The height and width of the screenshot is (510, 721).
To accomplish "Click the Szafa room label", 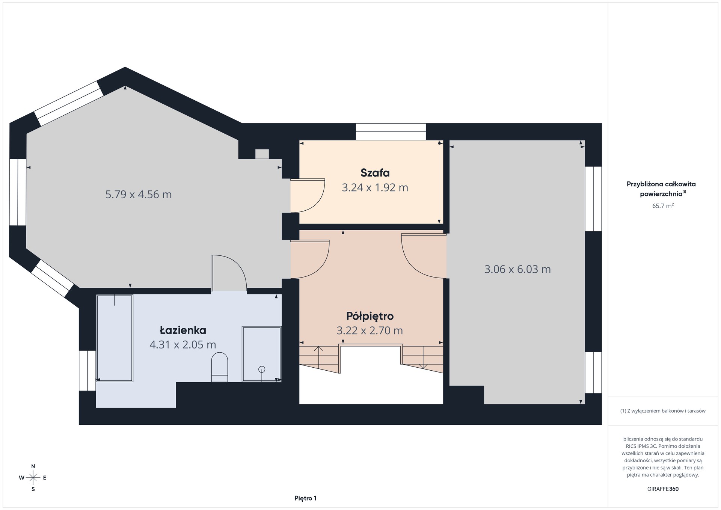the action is point(375,173).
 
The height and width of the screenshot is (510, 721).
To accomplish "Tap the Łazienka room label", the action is point(183,330).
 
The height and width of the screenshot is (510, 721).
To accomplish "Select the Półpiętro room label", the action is point(370,316).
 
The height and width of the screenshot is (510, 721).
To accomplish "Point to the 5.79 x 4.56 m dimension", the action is point(139,195).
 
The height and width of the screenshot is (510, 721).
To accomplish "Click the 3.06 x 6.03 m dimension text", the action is point(517,269).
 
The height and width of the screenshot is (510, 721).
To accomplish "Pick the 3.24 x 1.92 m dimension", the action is point(375,187).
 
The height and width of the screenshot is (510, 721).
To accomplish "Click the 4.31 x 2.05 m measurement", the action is point(183,344).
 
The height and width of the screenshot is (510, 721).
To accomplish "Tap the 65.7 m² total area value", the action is point(663,206).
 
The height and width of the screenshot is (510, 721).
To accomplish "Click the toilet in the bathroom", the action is point(220,367).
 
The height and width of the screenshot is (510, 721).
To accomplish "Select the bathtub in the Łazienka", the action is point(115,338).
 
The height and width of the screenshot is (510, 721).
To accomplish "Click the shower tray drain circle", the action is point(262,369).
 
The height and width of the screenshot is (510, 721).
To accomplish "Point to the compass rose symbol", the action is point(33,478).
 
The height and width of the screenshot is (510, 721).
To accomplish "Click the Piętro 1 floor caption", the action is point(305,498).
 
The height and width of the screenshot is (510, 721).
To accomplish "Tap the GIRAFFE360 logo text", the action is point(663,489).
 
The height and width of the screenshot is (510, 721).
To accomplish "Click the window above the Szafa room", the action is point(391,131).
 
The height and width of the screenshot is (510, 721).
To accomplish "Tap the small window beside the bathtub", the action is point(87,371).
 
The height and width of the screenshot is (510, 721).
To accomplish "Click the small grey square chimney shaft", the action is point(262,154).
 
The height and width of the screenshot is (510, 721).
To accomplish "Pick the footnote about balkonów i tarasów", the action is point(663,411).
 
